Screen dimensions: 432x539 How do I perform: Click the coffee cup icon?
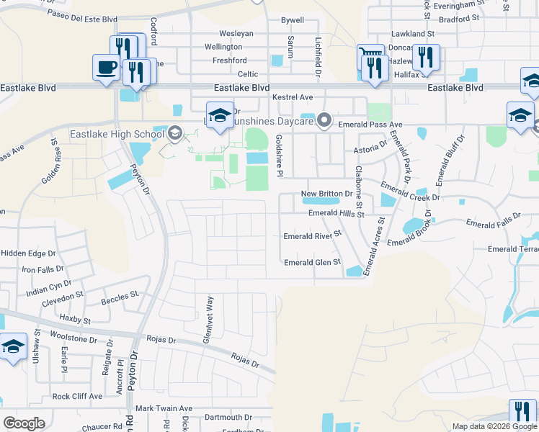pyautogui.click(x=107, y=67)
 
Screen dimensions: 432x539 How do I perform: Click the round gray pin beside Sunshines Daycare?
pyautogui.click(x=324, y=120)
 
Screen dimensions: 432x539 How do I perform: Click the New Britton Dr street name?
pyautogui.click(x=326, y=194)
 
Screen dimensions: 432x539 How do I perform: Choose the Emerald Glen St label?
pyautogui.click(x=312, y=263)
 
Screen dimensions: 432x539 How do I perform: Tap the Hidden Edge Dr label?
pyautogui.click(x=28, y=253)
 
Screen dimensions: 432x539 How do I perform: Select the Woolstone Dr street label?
pyautogui.click(x=73, y=338)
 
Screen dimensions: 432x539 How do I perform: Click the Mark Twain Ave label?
pyautogui.click(x=164, y=408)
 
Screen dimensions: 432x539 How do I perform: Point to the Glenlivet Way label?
pyautogui.click(x=206, y=314)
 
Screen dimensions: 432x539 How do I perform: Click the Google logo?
pyautogui.click(x=24, y=423)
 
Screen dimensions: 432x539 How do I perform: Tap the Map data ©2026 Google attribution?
pyautogui.click(x=495, y=426)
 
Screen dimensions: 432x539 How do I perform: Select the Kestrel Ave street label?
pyautogui.click(x=292, y=97)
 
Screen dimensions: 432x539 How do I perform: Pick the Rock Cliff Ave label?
pyautogui.click(x=77, y=397)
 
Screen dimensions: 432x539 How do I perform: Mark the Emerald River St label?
pyautogui.click(x=311, y=236)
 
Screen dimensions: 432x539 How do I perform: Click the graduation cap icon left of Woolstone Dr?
pyautogui.click(x=13, y=347)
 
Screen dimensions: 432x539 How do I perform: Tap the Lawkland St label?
pyautogui.click(x=413, y=34)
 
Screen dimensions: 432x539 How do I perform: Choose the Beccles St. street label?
pyautogui.click(x=120, y=297)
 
